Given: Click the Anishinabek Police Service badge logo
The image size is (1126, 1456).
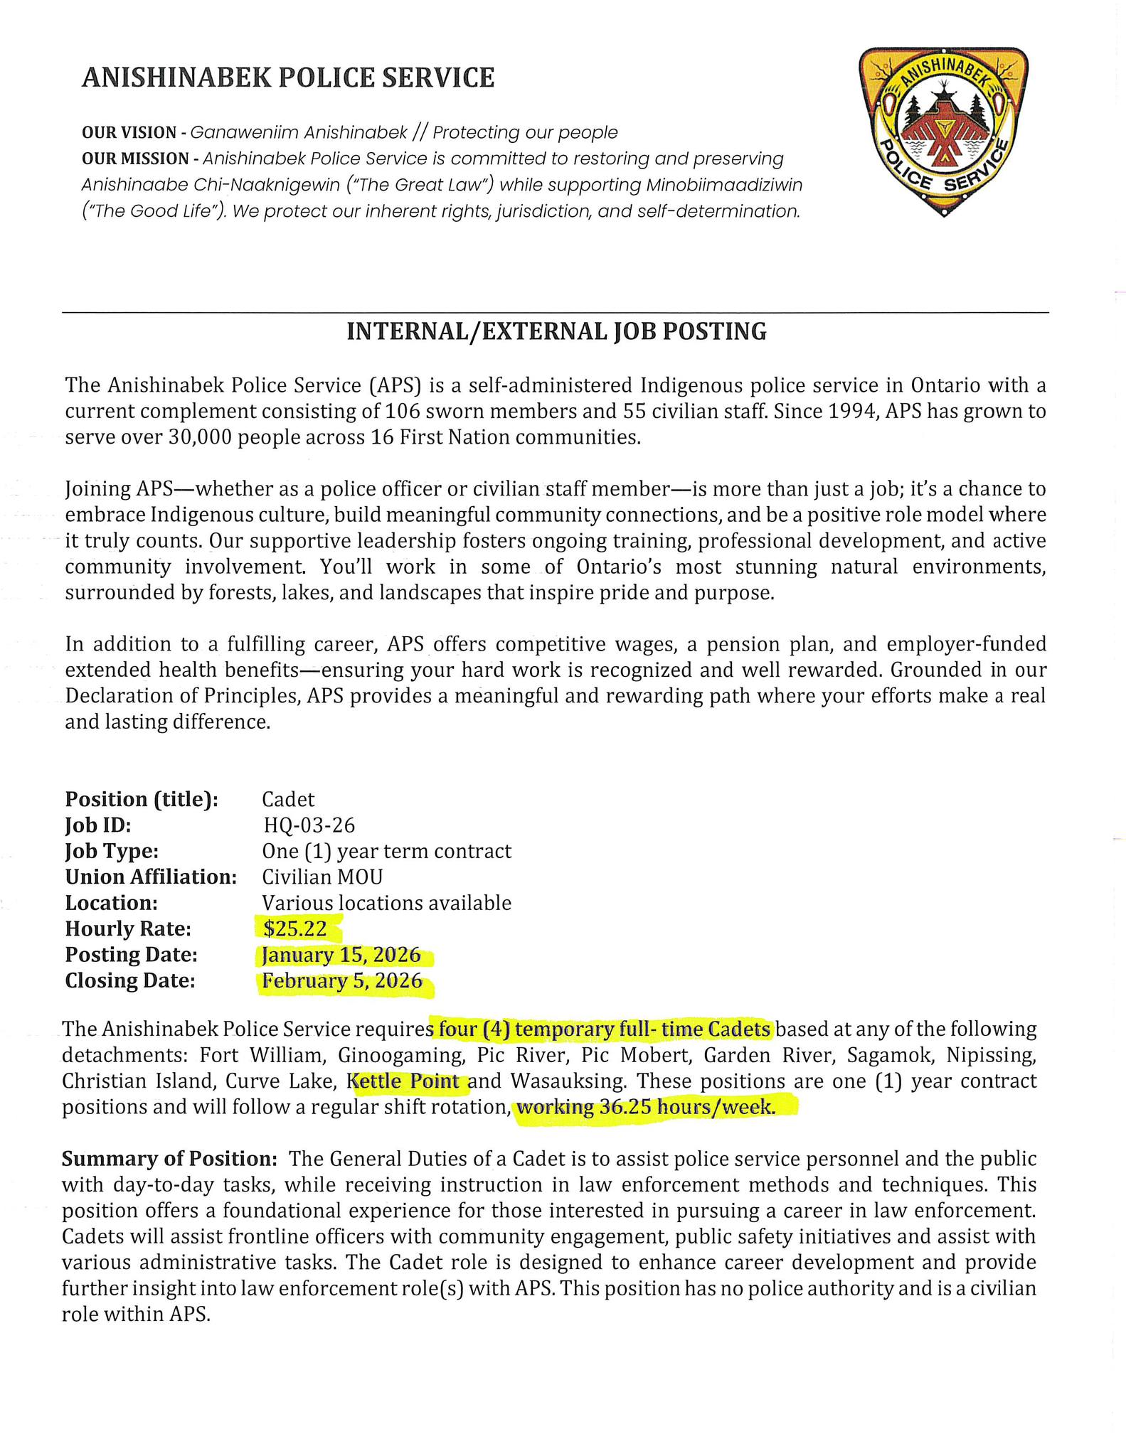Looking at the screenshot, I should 943,131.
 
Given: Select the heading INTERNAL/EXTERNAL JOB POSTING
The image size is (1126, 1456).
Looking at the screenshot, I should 556,331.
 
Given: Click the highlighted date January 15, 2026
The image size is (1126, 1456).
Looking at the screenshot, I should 341,955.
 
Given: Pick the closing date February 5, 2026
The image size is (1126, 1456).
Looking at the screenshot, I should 342,981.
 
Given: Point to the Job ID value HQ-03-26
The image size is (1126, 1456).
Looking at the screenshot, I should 309,825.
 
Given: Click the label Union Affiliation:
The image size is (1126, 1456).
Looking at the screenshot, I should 151,877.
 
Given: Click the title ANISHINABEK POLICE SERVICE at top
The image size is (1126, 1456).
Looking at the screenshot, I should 288,77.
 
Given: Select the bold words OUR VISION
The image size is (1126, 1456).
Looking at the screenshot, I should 129,133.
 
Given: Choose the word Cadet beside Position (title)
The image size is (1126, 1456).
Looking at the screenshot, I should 288,799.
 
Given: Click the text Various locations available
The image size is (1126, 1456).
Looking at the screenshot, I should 386,903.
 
